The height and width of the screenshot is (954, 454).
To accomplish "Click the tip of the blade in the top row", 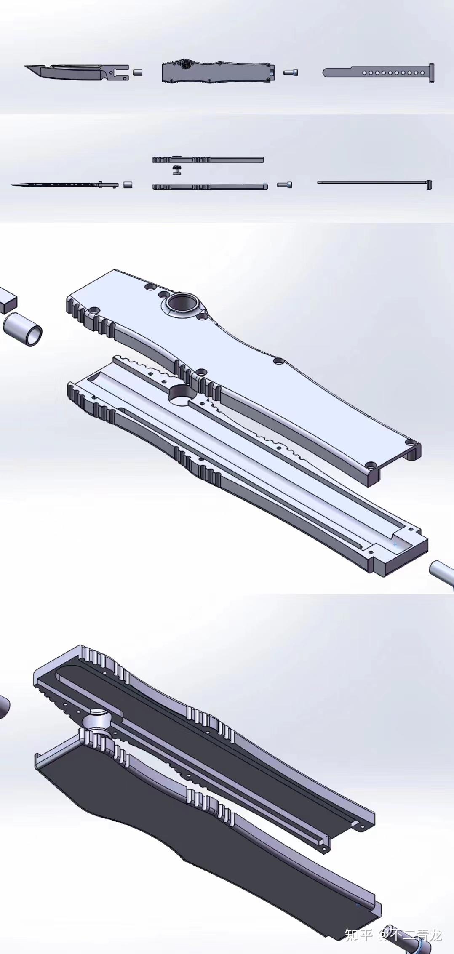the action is point(25,66).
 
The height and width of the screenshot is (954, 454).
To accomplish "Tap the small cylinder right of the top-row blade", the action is point(138,72).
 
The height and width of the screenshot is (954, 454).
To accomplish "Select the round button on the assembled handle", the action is point(184,64).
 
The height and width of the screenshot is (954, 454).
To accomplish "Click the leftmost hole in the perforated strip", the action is point(364,73).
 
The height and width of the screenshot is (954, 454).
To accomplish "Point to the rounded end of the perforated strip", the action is point(326,73).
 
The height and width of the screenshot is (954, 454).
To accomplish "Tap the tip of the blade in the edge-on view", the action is point(12,185).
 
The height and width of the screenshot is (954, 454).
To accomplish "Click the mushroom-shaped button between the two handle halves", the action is point(177,171).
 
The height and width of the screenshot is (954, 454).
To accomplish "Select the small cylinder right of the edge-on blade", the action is point(128,185).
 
